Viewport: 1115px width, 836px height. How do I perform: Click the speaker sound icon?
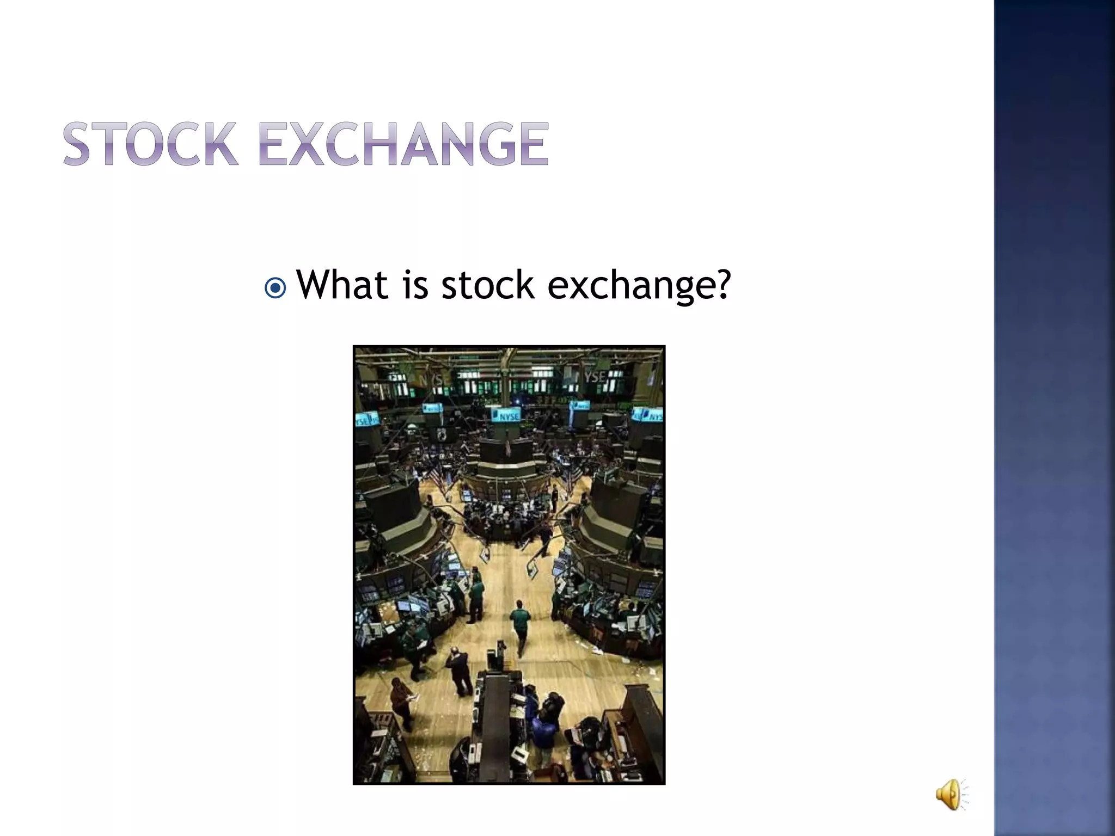[x=950, y=794]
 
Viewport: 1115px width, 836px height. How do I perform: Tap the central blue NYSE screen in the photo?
[x=505, y=415]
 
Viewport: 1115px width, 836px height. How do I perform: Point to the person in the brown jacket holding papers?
[x=402, y=702]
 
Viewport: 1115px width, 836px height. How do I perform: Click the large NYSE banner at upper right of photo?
[x=596, y=377]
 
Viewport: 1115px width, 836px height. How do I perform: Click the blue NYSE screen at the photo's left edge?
[x=366, y=420]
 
